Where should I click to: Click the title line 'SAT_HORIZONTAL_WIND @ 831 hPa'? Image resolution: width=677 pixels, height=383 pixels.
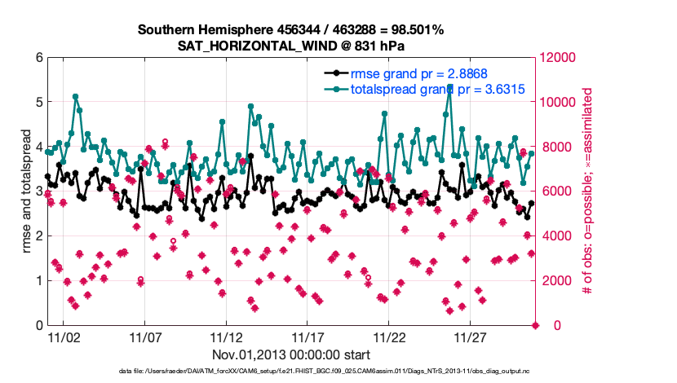pyautogui.click(x=290, y=46)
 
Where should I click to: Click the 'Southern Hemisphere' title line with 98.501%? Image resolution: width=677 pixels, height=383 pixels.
pyautogui.click(x=290, y=30)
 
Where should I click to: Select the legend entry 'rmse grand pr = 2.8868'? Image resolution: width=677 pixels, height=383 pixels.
pyautogui.click(x=418, y=73)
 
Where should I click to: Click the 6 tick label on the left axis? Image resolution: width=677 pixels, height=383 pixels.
pyautogui.click(x=38, y=58)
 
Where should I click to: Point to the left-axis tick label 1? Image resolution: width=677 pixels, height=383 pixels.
pyautogui.click(x=38, y=281)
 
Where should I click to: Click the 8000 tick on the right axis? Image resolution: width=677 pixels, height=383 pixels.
pyautogui.click(x=555, y=147)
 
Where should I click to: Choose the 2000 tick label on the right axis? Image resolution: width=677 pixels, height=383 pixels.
pyautogui.click(x=555, y=281)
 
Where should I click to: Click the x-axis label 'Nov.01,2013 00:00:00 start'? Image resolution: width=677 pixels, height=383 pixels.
pyautogui.click(x=291, y=354)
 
